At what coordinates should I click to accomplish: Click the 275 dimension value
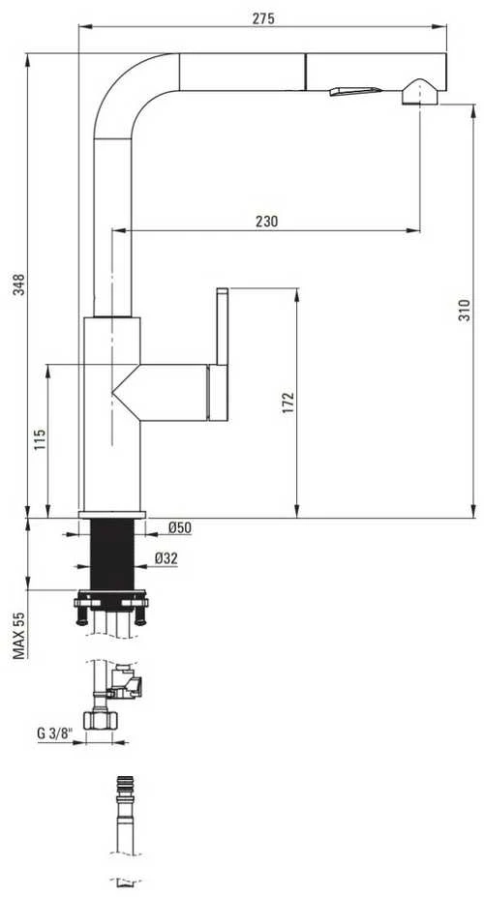pyautogui.click(x=263, y=18)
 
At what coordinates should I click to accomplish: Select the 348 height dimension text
pyautogui.click(x=19, y=285)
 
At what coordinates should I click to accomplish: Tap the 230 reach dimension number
pyautogui.click(x=266, y=222)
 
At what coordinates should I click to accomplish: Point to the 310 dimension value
pyautogui.click(x=465, y=310)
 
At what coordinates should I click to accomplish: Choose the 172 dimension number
pyautogui.click(x=287, y=403)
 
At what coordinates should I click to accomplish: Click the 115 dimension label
pyautogui.click(x=40, y=439)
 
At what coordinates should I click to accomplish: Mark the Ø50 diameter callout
pyautogui.click(x=180, y=528)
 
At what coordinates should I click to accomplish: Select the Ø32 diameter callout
pyautogui.click(x=166, y=558)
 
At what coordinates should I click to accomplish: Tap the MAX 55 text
pyautogui.click(x=19, y=635)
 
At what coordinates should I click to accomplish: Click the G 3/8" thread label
pyautogui.click(x=55, y=733)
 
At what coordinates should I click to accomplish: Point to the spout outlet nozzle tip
pyautogui.click(x=420, y=92)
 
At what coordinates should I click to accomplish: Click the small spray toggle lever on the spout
pyautogui.click(x=354, y=91)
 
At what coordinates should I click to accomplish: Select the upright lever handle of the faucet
pyautogui.click(x=223, y=327)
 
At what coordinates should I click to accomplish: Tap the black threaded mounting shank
pyautogui.click(x=112, y=553)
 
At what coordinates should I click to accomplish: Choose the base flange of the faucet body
pyautogui.click(x=112, y=515)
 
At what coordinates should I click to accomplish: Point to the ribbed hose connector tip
pyautogui.click(x=125, y=785)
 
